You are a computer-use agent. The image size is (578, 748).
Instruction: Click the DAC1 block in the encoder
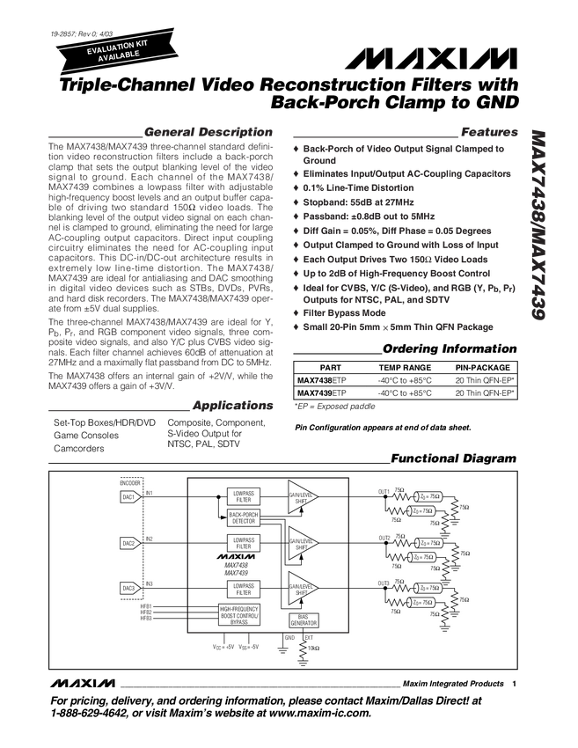(128, 496)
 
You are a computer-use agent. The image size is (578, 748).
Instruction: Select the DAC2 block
(128, 543)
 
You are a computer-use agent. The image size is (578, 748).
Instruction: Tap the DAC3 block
(128, 588)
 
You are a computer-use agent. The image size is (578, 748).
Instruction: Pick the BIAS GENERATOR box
(303, 620)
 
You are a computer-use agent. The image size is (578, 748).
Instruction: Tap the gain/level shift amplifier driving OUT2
(304, 543)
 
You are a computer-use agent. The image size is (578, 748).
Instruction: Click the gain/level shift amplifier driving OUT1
(304, 496)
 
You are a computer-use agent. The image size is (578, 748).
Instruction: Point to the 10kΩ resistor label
(313, 648)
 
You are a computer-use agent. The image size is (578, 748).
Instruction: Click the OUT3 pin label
(384, 583)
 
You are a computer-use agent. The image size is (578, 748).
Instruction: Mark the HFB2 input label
(146, 612)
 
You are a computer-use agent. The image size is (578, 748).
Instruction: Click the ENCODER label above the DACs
(129, 483)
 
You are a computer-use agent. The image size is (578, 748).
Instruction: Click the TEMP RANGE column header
(405, 367)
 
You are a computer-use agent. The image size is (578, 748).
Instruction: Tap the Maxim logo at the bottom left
(83, 683)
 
